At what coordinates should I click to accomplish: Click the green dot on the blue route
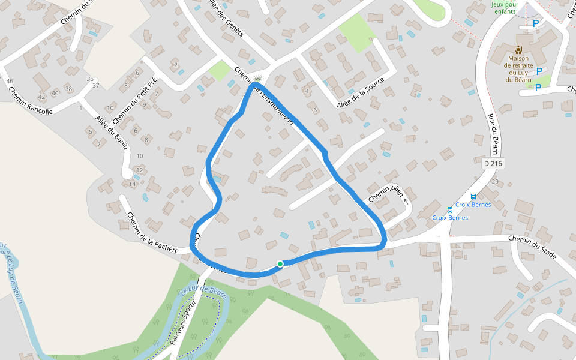pos(280,263)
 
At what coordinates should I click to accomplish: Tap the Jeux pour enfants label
pos(504,8)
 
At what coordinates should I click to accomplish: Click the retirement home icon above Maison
pos(518,49)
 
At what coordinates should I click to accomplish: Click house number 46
pos(9,81)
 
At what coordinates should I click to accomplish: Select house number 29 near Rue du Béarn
pos(495,182)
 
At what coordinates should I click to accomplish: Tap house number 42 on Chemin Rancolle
pos(41,97)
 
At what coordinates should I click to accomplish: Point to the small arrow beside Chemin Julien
pos(406,200)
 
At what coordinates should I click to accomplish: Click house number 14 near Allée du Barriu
pos(132,184)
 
